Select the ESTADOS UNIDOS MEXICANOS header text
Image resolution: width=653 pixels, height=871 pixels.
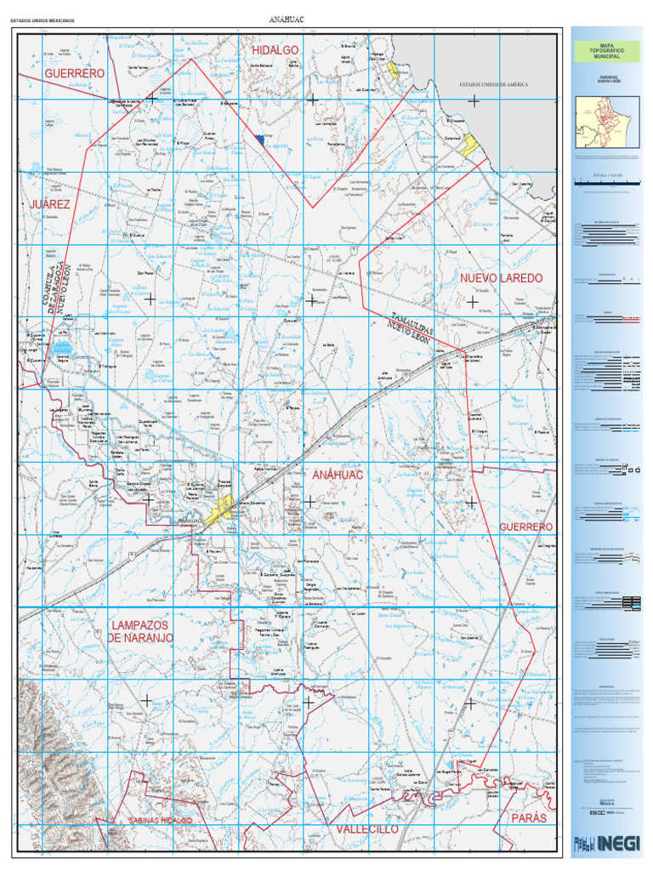(x=50, y=20)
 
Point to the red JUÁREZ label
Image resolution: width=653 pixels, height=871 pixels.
(x=50, y=205)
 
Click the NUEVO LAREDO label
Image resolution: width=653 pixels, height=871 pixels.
(x=501, y=279)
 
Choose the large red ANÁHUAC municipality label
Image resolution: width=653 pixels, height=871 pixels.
(x=338, y=475)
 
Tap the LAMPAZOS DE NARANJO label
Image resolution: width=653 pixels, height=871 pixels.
(x=140, y=631)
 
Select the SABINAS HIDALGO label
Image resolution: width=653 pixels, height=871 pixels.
(x=160, y=820)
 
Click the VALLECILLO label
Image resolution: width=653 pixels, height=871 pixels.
(x=366, y=828)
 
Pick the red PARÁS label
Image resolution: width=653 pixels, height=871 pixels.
(x=528, y=817)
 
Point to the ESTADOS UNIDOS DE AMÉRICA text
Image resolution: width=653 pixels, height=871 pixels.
(x=494, y=85)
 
